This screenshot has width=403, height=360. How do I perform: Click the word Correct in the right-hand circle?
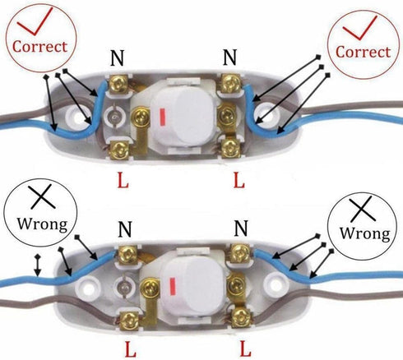click(x=364, y=52)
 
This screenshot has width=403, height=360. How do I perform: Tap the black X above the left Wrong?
click(x=42, y=196)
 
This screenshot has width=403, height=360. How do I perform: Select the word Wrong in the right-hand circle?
click(x=365, y=233)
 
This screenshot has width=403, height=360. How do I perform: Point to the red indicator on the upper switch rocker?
click(x=162, y=118)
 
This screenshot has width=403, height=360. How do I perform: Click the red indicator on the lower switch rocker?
click(x=173, y=286)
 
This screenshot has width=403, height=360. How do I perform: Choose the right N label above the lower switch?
click(x=241, y=228)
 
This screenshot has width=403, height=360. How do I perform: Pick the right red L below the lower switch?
click(x=245, y=348)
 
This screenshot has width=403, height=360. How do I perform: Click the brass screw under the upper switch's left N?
click(x=118, y=83)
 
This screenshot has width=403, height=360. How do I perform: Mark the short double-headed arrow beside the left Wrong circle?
click(x=38, y=265)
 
